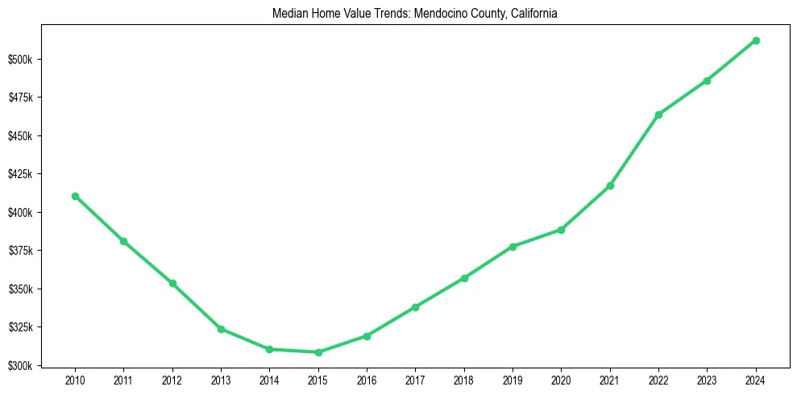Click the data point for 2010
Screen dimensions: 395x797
(75, 196)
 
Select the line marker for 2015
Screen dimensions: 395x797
(318, 352)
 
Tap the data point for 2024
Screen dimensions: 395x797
(756, 40)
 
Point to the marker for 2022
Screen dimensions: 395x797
(658, 114)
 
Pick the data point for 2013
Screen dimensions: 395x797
(221, 329)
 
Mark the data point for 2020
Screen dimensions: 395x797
(561, 230)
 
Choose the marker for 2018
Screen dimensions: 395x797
(464, 278)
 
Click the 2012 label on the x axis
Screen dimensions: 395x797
(172, 380)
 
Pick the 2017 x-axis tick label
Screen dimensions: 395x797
(416, 380)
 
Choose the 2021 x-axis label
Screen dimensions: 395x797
(610, 380)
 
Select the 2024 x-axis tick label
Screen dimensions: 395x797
(756, 380)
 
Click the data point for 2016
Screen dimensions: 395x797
(367, 336)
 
